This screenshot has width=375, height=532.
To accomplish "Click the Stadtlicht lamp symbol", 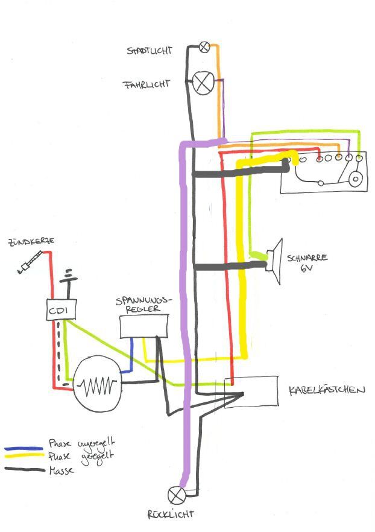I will click(x=205, y=46).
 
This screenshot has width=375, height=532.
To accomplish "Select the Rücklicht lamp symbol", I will click(x=177, y=495).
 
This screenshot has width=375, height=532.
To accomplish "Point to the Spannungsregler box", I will click(x=144, y=326).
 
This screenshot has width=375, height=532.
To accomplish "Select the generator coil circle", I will click(x=95, y=384).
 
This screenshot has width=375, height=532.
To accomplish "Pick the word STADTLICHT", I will click(x=149, y=50).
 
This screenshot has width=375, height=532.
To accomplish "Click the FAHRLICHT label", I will click(x=147, y=84).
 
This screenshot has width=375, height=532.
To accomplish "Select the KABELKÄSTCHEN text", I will click(x=327, y=390).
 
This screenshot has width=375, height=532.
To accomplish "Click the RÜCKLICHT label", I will click(x=171, y=515).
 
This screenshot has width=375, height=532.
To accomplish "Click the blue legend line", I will click(x=24, y=449).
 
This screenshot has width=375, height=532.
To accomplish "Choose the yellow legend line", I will click(x=24, y=458).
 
